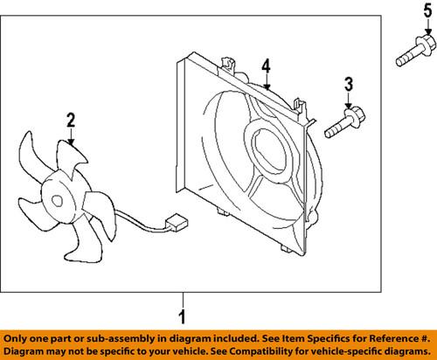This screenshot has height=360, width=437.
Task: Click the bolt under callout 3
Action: pyautogui.click(x=344, y=122)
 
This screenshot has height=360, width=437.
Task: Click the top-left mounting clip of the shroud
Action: pyautogui.click(x=230, y=62)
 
